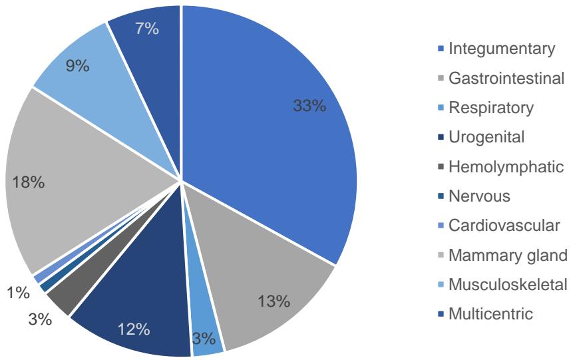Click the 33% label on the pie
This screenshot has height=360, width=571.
point(310,106)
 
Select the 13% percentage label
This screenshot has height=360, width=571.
point(274,301)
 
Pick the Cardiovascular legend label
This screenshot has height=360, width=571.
point(496,225)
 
